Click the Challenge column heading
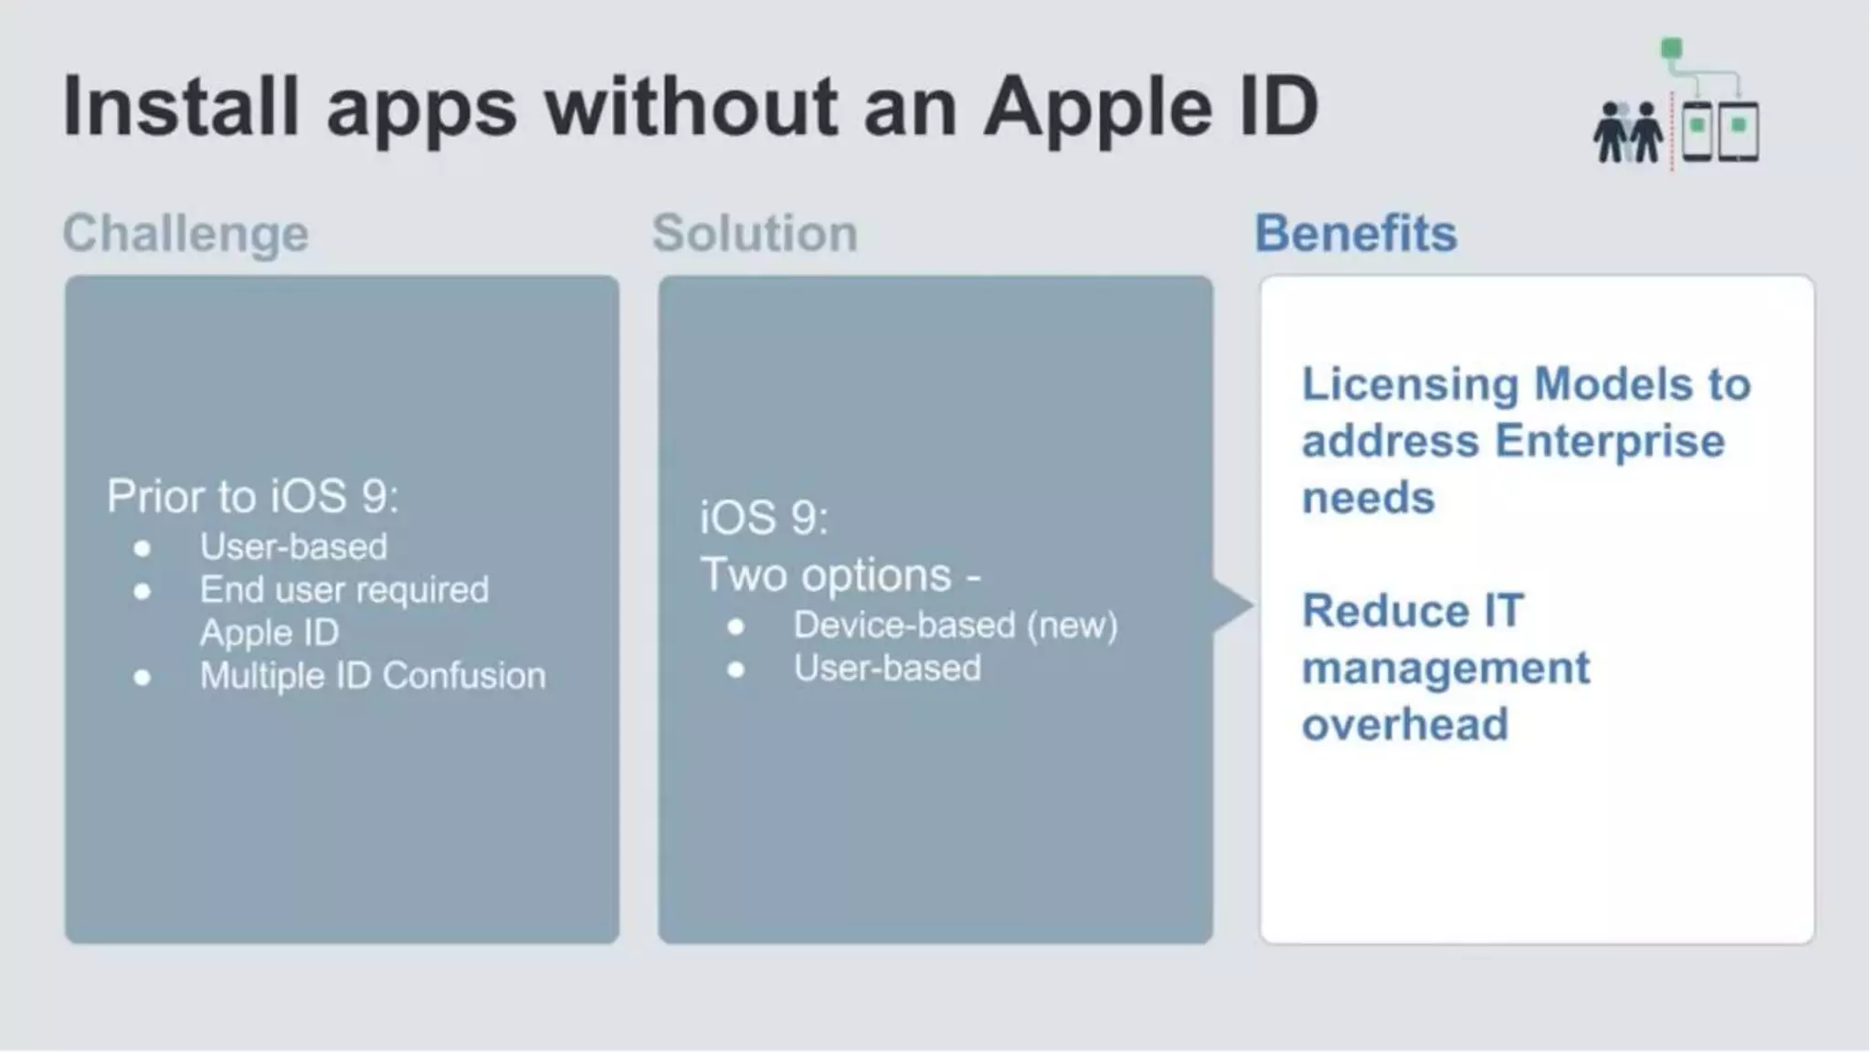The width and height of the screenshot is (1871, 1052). click(x=185, y=233)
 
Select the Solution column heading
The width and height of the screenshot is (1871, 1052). click(x=755, y=233)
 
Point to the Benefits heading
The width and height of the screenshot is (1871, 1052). click(x=1356, y=233)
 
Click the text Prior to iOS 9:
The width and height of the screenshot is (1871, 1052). click(x=253, y=496)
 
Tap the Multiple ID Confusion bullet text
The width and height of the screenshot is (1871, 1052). click(x=373, y=676)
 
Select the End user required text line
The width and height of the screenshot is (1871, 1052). click(x=344, y=590)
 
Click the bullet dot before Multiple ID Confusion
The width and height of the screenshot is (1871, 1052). click(x=142, y=677)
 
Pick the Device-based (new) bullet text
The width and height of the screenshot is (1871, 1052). click(x=955, y=626)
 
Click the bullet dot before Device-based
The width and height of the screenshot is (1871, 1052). click(x=736, y=626)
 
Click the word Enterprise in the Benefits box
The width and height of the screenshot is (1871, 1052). click(x=1610, y=441)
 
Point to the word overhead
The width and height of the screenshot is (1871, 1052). click(x=1405, y=724)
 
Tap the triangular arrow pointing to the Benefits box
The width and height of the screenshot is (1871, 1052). click(x=1232, y=605)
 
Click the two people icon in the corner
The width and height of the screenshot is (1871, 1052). click(x=1628, y=133)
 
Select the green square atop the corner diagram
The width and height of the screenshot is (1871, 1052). click(x=1671, y=48)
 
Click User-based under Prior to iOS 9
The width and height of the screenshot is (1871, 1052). click(x=293, y=547)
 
